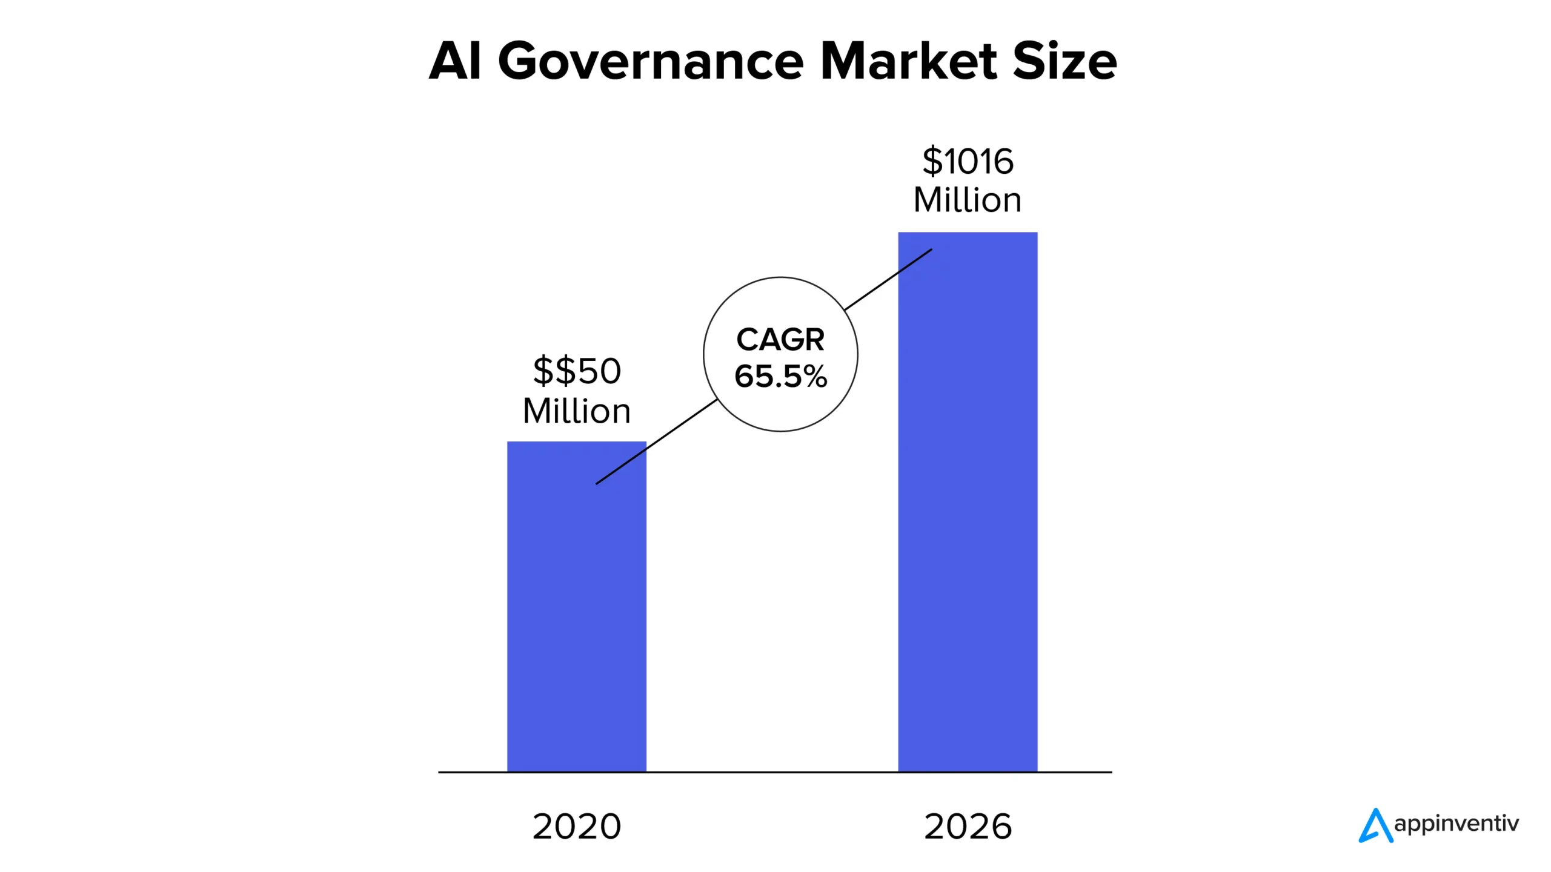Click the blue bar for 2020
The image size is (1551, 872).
576,606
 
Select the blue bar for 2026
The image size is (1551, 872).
968,503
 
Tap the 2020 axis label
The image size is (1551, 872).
577,827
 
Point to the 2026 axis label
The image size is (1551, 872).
968,827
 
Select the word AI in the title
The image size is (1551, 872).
455,61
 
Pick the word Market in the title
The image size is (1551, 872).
908,61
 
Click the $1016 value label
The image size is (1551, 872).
968,161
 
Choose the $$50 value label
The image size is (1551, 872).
577,371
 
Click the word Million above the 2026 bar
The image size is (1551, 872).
968,200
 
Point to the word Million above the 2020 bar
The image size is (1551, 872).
577,411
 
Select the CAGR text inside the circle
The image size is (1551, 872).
780,339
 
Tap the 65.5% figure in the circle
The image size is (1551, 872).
780,376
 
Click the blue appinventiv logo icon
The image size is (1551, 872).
1375,826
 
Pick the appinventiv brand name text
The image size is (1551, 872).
1456,824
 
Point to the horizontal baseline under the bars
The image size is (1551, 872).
775,772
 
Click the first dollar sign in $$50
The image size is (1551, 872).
543,371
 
